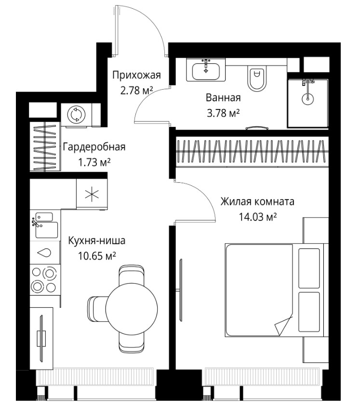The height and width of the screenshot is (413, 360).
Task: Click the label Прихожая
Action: coord(136,75)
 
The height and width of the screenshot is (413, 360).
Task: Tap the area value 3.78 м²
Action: coord(223,113)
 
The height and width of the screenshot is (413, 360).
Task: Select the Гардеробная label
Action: coord(94,147)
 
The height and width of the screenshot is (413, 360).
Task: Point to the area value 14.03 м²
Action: coord(258,217)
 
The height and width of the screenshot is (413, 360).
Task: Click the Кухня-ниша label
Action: coord(96,240)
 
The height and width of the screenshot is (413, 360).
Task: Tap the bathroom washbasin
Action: coord(206,70)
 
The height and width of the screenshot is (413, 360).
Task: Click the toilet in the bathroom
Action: coord(257,78)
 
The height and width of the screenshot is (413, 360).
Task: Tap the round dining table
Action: coord(132,308)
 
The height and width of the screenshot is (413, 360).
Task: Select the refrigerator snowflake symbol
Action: coord(92,194)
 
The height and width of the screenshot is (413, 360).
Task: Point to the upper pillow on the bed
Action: coord(309,268)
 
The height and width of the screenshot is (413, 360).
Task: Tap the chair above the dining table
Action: coord(132,275)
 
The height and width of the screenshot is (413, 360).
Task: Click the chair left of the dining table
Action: coord(98,309)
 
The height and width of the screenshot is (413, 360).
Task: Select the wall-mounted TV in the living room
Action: coord(181,290)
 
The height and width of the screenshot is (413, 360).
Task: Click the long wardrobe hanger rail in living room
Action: coord(252,151)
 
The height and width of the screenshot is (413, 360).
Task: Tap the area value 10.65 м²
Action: coord(97,256)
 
